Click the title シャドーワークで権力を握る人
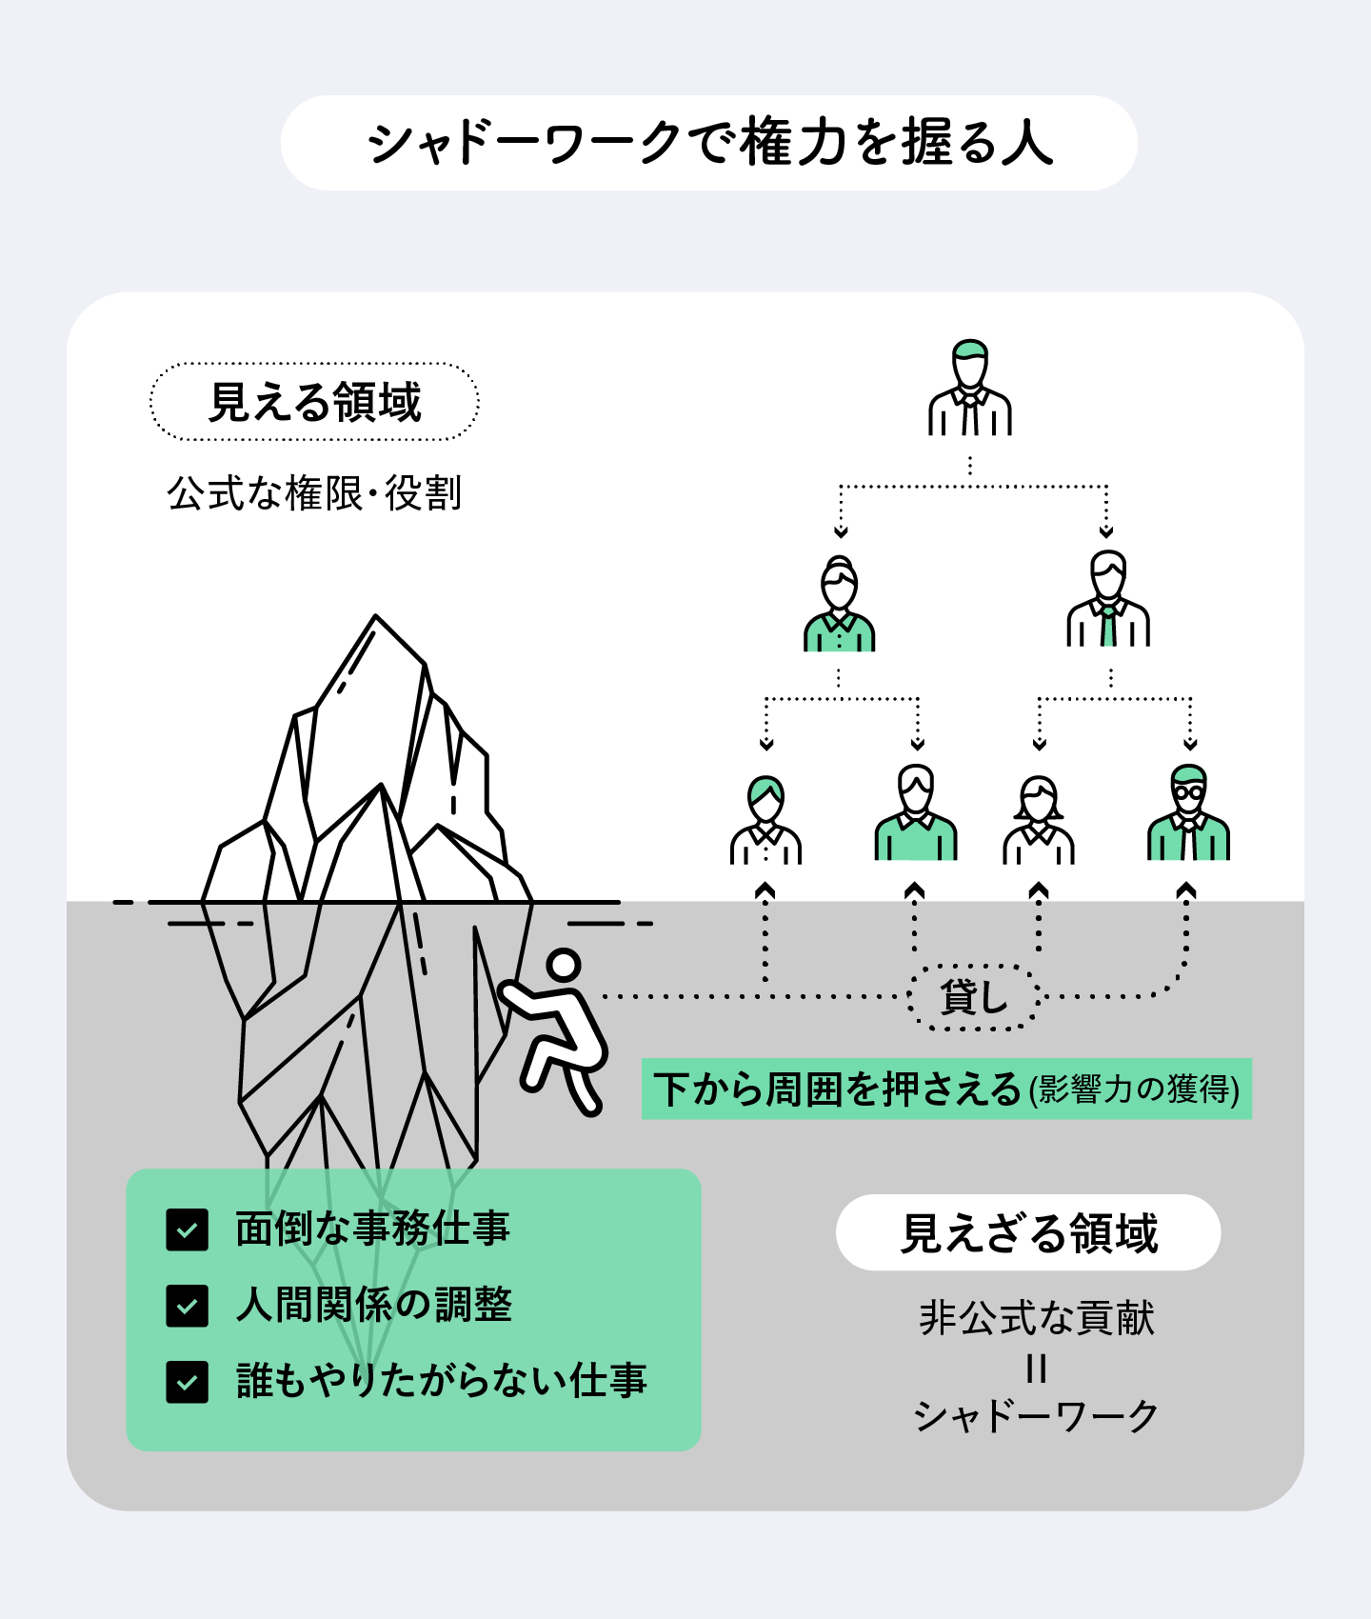click(x=710, y=143)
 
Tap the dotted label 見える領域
click(x=314, y=402)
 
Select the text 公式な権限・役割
click(x=314, y=493)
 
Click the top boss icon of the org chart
click(x=969, y=388)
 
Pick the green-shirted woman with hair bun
click(x=839, y=604)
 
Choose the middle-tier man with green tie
click(x=1108, y=599)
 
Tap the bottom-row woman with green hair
click(x=765, y=820)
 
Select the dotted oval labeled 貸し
click(x=973, y=996)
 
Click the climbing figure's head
click(x=564, y=964)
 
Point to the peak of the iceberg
click(x=375, y=616)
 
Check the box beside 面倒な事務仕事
click(x=187, y=1229)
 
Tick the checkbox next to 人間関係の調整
click(x=187, y=1306)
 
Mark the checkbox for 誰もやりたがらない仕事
click(x=187, y=1382)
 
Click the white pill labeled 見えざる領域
click(x=1028, y=1232)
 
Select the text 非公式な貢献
click(x=1037, y=1318)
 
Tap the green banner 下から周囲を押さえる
click(x=946, y=1089)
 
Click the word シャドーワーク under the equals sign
click(x=1036, y=1416)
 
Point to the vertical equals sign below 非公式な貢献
click(x=1037, y=1369)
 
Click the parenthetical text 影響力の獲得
click(x=1134, y=1089)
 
